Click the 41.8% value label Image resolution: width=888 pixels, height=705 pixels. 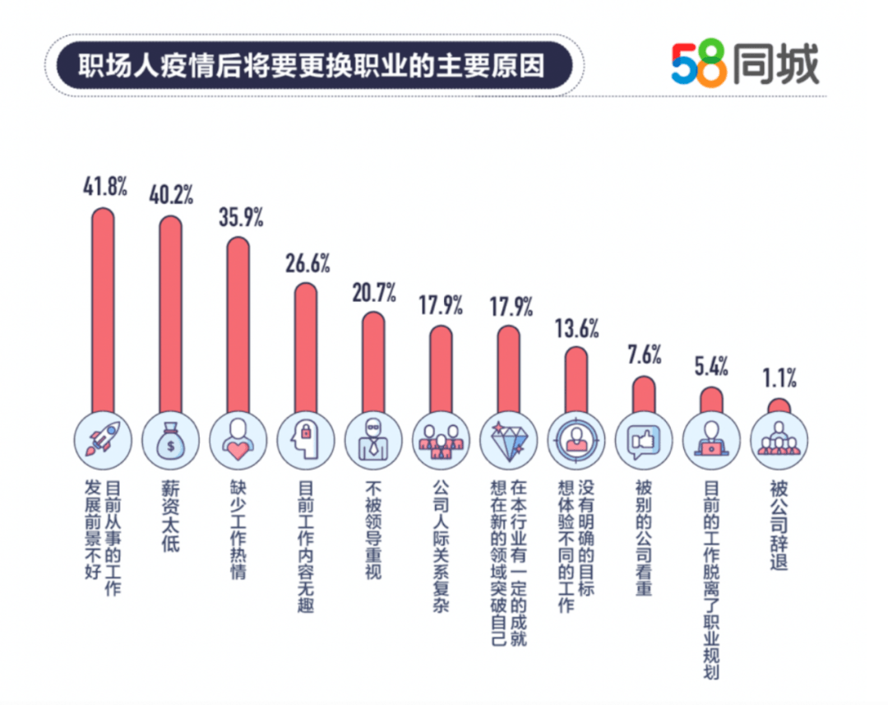pos(104,187)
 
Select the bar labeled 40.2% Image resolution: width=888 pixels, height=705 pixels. pos(170,313)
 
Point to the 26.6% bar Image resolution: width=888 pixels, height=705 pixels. pos(305,346)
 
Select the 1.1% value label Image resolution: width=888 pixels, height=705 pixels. pos(779,378)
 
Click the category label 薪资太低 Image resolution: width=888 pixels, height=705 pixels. pos(170,517)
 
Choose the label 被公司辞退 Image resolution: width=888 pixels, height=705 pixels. pos(779,526)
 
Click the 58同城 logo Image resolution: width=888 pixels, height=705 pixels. pos(745,65)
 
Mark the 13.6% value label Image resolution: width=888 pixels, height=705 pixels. pos(576,327)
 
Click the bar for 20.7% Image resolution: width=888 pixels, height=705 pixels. pos(372,362)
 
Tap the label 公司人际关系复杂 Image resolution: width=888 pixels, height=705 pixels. pos(440,547)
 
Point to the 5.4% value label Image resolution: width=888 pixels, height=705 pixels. pos(711,366)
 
